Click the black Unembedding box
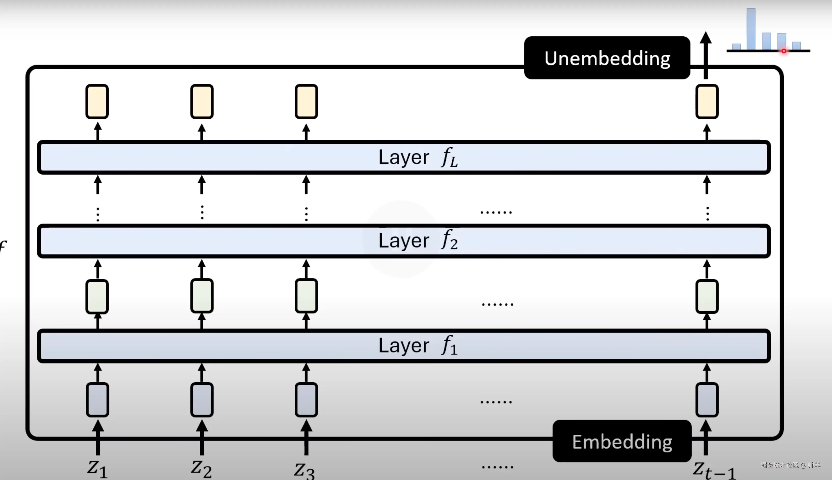pos(607,58)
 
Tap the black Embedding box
pos(622,441)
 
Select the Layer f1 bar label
pos(418,346)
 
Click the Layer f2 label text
pos(418,240)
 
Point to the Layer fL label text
pos(418,157)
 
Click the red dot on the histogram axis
pos(784,51)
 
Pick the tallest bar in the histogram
pos(751,29)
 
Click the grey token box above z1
pos(97,400)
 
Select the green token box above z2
pos(202,296)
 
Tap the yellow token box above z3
pos(306,101)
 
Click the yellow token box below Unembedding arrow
pos(707,101)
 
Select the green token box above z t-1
pos(707,296)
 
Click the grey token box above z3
pos(306,400)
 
